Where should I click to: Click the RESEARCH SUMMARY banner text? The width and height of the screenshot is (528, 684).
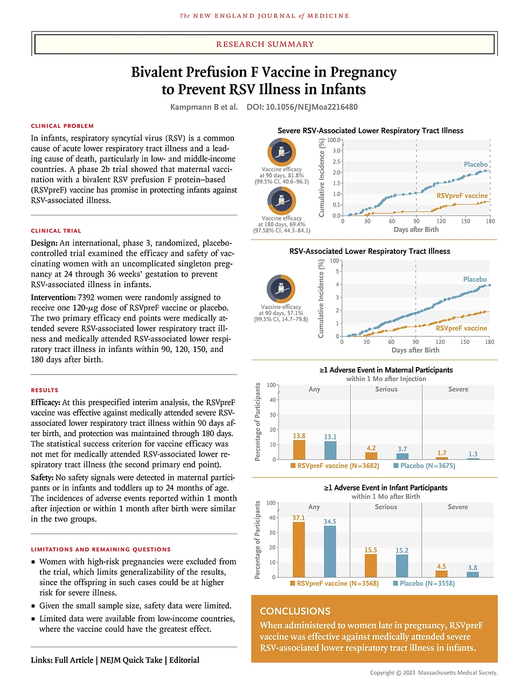[265, 44]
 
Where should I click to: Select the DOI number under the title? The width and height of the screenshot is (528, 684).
[302, 107]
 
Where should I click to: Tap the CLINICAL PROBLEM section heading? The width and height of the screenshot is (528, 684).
[62, 126]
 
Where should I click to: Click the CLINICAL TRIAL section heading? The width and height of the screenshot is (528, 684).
[56, 231]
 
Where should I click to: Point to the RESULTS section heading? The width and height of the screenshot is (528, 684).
[45, 390]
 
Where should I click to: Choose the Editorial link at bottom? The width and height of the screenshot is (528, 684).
[184, 660]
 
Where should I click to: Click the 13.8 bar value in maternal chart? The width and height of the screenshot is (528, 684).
[299, 449]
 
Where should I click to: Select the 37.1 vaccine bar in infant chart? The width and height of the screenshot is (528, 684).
[298, 549]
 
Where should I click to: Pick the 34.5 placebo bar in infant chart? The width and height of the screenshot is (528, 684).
[330, 551]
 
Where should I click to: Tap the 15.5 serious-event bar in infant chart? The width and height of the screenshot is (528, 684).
[371, 565]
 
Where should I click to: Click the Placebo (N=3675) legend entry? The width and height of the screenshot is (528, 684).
[424, 466]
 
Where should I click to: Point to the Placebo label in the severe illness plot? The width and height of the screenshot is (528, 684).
[476, 164]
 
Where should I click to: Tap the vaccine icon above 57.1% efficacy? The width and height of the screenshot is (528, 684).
[281, 288]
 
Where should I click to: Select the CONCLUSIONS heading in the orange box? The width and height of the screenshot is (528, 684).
[295, 611]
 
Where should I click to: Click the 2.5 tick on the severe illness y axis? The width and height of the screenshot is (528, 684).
[336, 162]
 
